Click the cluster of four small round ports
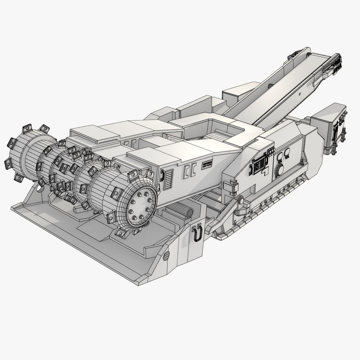[271, 153]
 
